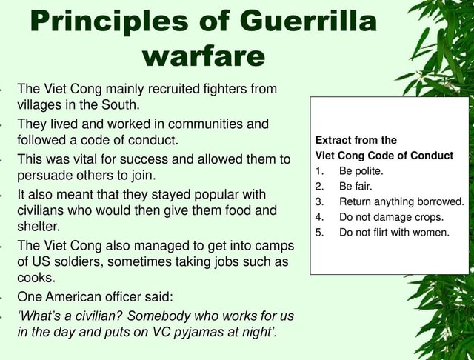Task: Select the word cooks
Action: (36, 279)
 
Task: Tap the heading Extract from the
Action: (356, 140)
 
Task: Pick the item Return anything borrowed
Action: (401, 201)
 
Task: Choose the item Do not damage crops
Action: (391, 217)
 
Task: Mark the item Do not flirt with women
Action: (394, 233)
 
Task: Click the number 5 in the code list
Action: (319, 233)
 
